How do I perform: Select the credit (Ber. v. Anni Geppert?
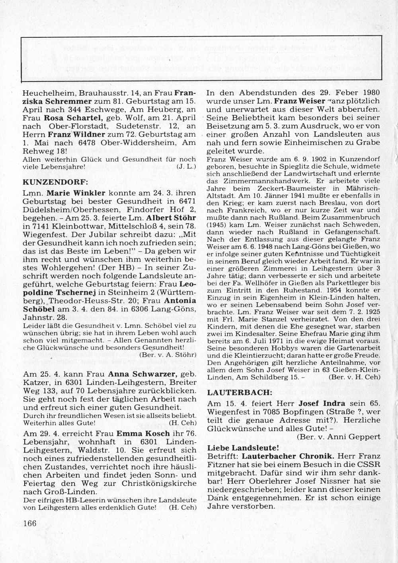click(339, 437)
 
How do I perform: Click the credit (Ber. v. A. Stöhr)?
click(168, 355)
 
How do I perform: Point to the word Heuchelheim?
click(49, 93)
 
